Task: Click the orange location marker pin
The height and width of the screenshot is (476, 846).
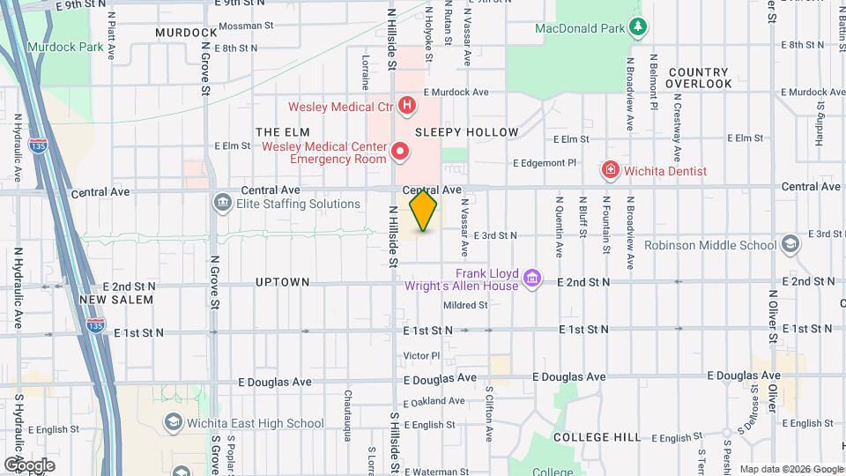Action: (423, 211)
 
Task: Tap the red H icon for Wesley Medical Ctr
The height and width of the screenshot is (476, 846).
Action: (406, 108)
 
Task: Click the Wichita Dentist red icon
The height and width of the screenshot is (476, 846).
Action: (608, 169)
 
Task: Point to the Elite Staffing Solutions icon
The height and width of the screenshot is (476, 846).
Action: (222, 204)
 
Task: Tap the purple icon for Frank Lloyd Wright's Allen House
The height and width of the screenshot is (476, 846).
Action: (531, 279)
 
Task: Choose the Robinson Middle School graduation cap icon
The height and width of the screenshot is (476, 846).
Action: (790, 245)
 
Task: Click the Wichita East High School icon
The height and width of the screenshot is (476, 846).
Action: (173, 423)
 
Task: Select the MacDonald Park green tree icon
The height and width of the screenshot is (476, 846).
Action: (639, 28)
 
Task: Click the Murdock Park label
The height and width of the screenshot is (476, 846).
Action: (58, 46)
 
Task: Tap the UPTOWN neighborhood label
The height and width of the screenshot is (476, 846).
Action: (282, 282)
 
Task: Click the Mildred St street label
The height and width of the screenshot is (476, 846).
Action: (465, 306)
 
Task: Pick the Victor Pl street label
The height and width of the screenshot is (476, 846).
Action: (421, 356)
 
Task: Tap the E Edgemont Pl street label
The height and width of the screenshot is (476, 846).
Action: (545, 163)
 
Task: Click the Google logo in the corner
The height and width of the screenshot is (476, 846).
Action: (30, 465)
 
